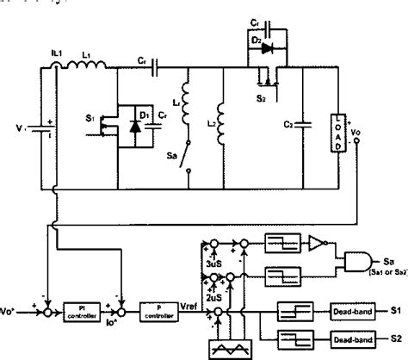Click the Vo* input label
pyautogui.click(x=13, y=306)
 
